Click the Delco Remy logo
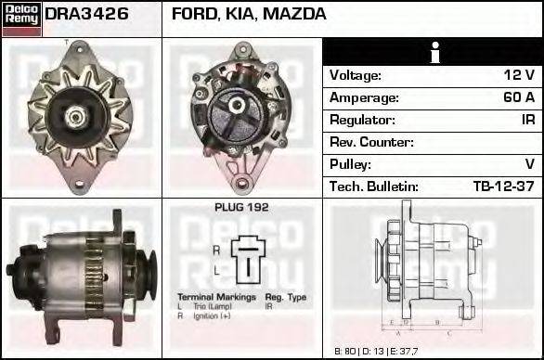click(21, 19)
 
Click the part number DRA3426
click(87, 16)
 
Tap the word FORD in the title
click(192, 16)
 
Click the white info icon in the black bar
click(434, 53)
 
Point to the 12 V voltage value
click(517, 75)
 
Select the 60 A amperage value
click(518, 97)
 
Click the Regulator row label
click(362, 120)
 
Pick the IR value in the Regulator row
click(527, 120)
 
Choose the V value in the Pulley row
click(529, 164)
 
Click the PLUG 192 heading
click(241, 208)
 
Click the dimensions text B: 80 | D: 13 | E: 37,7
click(374, 352)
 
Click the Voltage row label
click(356, 75)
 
